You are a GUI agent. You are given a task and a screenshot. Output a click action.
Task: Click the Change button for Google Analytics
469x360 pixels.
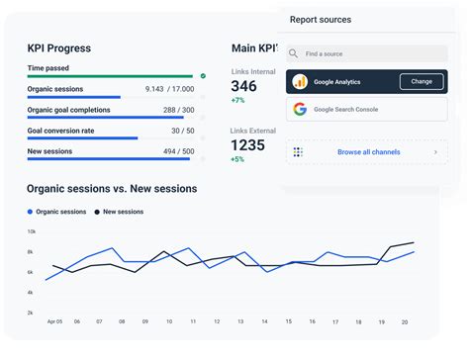(x=422, y=81)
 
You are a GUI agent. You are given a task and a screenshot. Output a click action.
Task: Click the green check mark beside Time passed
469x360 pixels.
(x=203, y=75)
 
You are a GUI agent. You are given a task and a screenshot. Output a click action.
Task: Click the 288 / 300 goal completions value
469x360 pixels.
(x=178, y=110)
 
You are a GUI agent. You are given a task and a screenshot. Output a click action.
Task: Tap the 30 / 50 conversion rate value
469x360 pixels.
(x=182, y=131)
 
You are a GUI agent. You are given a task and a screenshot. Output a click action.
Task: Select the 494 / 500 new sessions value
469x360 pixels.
(x=178, y=151)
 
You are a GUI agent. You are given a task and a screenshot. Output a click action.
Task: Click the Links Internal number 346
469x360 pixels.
(x=243, y=86)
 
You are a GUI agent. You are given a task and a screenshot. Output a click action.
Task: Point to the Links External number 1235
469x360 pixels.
(x=247, y=144)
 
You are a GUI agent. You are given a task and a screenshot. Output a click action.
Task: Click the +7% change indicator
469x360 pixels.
(x=237, y=101)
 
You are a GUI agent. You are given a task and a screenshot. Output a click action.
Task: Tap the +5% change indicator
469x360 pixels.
(x=237, y=159)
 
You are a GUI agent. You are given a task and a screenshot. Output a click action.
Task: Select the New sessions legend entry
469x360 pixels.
(x=119, y=212)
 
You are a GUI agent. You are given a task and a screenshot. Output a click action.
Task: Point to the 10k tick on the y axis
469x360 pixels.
(x=31, y=231)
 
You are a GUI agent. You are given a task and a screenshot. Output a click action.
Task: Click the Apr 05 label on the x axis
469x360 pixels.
(x=54, y=321)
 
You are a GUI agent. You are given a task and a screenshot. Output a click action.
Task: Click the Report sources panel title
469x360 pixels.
(x=320, y=19)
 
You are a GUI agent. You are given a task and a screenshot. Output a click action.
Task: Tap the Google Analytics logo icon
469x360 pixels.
(x=300, y=81)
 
